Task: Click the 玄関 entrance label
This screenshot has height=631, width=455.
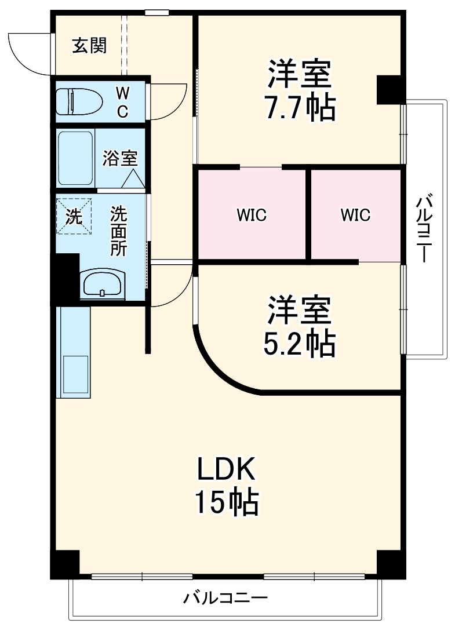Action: tap(89, 46)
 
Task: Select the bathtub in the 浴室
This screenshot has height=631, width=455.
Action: tap(75, 158)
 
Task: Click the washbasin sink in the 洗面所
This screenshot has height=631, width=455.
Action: tap(102, 284)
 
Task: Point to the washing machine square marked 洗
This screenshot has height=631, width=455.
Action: tap(74, 216)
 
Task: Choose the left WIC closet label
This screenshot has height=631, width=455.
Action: tap(251, 216)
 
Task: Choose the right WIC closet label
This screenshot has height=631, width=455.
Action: tap(355, 216)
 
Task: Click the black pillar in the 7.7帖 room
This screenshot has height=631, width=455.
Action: tap(388, 89)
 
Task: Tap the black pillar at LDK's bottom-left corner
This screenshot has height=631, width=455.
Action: tap(64, 563)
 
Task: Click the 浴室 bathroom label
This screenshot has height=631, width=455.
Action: tap(120, 158)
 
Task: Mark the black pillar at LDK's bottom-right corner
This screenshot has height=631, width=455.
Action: tap(389, 563)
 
